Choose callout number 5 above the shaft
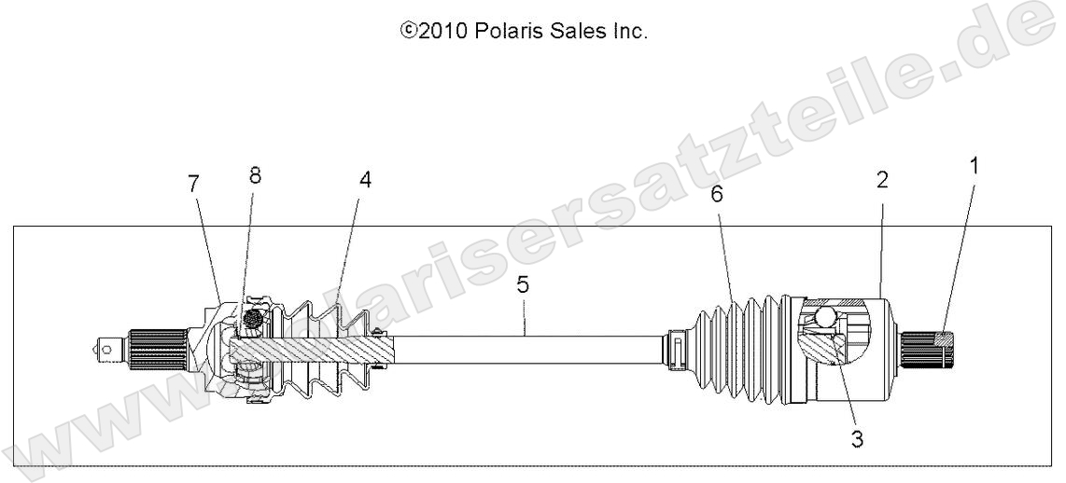523,285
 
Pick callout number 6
716,195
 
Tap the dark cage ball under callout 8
250,322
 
